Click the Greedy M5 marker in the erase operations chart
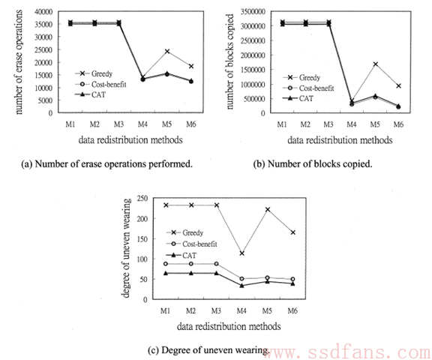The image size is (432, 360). [x=167, y=51]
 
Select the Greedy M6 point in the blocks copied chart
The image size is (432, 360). [x=398, y=86]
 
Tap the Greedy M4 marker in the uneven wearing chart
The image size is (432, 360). [x=242, y=253]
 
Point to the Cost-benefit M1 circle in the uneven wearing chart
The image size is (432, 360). [x=166, y=264]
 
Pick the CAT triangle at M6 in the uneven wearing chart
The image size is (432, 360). [x=292, y=283]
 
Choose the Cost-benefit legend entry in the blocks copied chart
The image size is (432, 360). [x=308, y=88]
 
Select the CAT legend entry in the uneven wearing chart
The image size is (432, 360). [x=181, y=256]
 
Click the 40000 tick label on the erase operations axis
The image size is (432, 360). [x=43, y=12]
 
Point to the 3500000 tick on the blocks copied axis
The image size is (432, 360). [x=253, y=12]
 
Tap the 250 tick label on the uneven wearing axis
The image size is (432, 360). [x=142, y=199]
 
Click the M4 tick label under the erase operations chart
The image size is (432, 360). [x=142, y=124]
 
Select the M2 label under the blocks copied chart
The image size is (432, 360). [x=305, y=124]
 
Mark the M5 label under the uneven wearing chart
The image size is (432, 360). [x=267, y=311]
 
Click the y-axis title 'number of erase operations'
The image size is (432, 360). [x=18, y=62]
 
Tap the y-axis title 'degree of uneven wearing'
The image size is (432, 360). [x=125, y=248]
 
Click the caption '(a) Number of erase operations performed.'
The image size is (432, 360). [x=107, y=164]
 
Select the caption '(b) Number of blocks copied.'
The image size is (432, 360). [x=313, y=164]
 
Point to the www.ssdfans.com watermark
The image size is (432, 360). [x=348, y=352]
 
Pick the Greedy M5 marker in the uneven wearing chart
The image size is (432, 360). [x=267, y=209]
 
